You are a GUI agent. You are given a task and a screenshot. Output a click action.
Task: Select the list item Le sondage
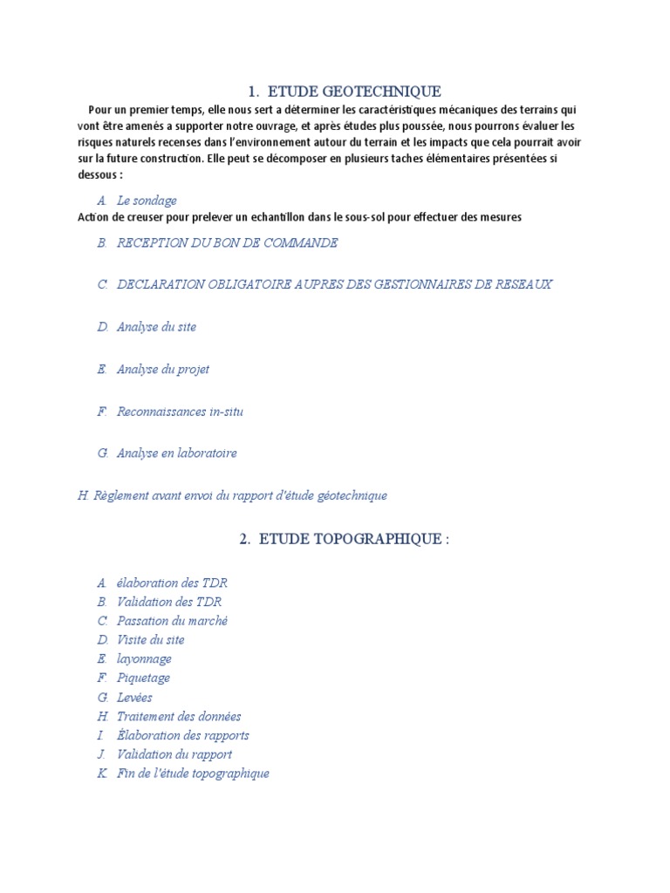[147, 201]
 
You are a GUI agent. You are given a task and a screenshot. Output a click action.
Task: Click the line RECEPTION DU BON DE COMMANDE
[227, 242]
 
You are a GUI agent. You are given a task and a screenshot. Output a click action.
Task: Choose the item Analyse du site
[156, 327]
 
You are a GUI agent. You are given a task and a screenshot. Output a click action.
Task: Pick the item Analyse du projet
[162, 369]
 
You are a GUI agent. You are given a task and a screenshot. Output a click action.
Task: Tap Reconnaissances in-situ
[180, 411]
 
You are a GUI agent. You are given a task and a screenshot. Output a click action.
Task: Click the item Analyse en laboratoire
[176, 453]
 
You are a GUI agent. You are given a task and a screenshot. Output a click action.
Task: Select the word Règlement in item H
[121, 495]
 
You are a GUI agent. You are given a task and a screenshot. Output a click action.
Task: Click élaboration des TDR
[172, 583]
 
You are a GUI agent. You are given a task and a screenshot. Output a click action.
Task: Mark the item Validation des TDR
[169, 602]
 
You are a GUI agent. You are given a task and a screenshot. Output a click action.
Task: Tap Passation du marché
[172, 621]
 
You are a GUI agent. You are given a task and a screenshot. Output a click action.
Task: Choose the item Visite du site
[150, 640]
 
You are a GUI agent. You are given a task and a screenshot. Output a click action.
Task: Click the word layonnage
[144, 659]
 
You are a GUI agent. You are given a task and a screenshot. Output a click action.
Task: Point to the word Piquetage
[143, 678]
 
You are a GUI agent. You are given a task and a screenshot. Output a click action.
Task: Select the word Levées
[134, 697]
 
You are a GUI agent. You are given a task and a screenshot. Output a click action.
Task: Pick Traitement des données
[179, 716]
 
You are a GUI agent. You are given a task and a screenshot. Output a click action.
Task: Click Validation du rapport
[174, 754]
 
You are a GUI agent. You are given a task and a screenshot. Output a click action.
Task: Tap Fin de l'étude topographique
[193, 774]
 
